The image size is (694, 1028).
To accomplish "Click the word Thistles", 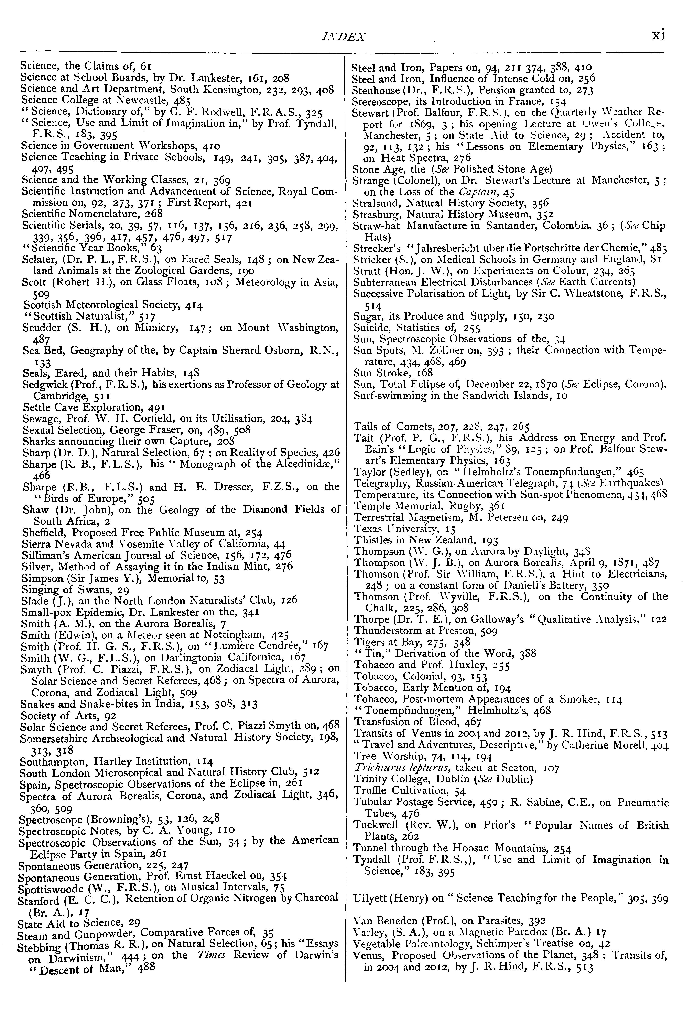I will click(370, 540).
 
